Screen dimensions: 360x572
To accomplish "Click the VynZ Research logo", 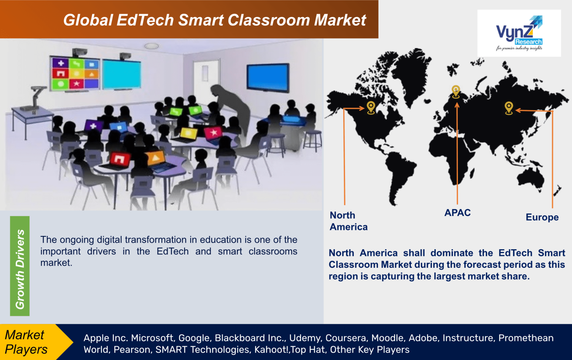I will click(519, 33).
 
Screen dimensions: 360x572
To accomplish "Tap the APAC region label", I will click(457, 213).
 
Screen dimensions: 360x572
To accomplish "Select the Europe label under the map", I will click(542, 217).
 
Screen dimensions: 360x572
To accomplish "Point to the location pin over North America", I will click(371, 107).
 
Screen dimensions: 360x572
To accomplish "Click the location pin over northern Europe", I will click(455, 91).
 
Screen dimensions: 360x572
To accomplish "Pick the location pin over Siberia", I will click(509, 107).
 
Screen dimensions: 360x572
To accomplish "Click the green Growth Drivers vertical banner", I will click(20, 266).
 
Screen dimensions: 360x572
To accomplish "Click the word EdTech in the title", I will click(145, 20).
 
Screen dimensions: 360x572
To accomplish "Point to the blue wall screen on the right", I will click(268, 77).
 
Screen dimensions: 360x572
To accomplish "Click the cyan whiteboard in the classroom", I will click(122, 74).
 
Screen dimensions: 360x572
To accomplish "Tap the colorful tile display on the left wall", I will click(75, 73).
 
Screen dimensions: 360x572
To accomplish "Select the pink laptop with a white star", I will click(213, 133).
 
